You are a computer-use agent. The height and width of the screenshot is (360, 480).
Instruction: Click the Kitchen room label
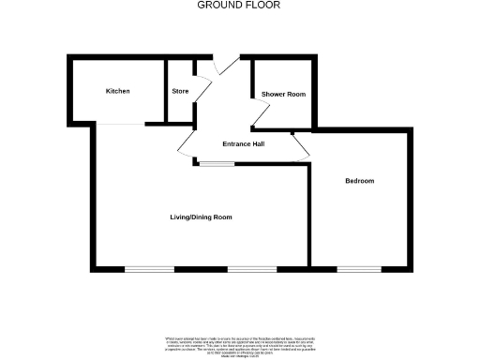[117, 91]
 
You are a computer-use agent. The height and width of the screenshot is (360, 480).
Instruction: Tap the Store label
[180, 91]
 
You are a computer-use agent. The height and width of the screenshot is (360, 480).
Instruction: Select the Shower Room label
[283, 95]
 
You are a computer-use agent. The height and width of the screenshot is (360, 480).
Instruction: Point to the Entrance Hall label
[243, 144]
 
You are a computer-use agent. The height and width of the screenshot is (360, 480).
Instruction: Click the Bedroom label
[359, 181]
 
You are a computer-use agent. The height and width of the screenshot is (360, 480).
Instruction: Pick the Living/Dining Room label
[201, 217]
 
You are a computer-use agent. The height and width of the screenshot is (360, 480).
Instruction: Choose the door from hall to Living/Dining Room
[186, 145]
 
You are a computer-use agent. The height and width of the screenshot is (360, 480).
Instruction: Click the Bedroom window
[352, 270]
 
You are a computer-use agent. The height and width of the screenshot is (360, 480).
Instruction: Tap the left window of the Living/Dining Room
[149, 270]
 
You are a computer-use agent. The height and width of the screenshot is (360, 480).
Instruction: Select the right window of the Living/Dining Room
[252, 270]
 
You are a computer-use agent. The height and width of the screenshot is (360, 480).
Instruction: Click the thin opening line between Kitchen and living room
[119, 123]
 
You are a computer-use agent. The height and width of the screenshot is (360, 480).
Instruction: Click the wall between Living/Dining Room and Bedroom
[310, 216]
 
